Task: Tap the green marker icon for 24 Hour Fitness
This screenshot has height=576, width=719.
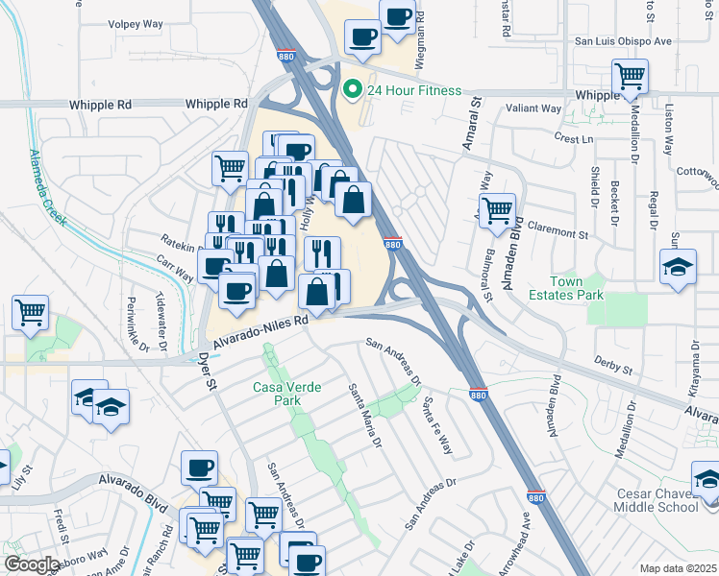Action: coord(352,90)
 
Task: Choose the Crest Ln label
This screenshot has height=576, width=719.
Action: coord(574,139)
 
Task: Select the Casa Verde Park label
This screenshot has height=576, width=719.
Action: coord(286,394)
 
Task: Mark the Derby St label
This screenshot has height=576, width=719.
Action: coord(613,368)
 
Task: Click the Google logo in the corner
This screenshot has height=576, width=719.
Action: coord(32,564)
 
